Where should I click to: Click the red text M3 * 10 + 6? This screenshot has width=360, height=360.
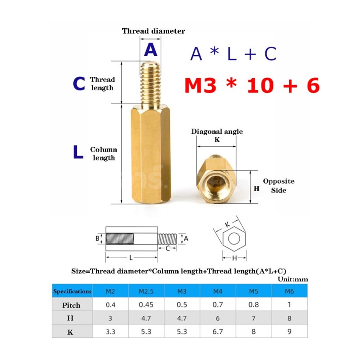pyautogui.click(x=252, y=86)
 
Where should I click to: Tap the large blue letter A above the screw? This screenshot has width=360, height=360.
pyautogui.click(x=150, y=50)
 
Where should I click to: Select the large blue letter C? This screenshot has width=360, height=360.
pyautogui.click(x=79, y=84)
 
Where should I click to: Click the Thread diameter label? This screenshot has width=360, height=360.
pyautogui.click(x=153, y=31)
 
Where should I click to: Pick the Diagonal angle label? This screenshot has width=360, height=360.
pyautogui.click(x=217, y=132)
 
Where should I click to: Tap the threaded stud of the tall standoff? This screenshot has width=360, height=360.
pyautogui.click(x=150, y=83)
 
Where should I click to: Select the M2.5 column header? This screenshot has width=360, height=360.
pyautogui.click(x=146, y=291)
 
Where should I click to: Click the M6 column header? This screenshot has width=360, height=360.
pyautogui.click(x=289, y=291)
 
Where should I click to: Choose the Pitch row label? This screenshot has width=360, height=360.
pyautogui.click(x=72, y=305)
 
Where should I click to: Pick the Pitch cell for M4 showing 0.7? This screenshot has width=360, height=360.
pyautogui.click(x=217, y=305)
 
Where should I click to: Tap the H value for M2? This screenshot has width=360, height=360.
pyautogui.click(x=110, y=318)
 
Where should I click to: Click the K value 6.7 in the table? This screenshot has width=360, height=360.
pyautogui.click(x=217, y=331)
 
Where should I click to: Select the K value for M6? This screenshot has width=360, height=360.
pyautogui.click(x=289, y=331)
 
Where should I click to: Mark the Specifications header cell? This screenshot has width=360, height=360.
pyautogui.click(x=72, y=291)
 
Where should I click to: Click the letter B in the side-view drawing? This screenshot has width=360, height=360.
pyautogui.click(x=97, y=238)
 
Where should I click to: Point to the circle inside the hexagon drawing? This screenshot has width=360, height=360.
pyautogui.click(x=234, y=239)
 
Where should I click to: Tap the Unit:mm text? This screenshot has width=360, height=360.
pyautogui.click(x=293, y=279)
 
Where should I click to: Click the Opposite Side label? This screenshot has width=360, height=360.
pyautogui.click(x=278, y=185)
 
